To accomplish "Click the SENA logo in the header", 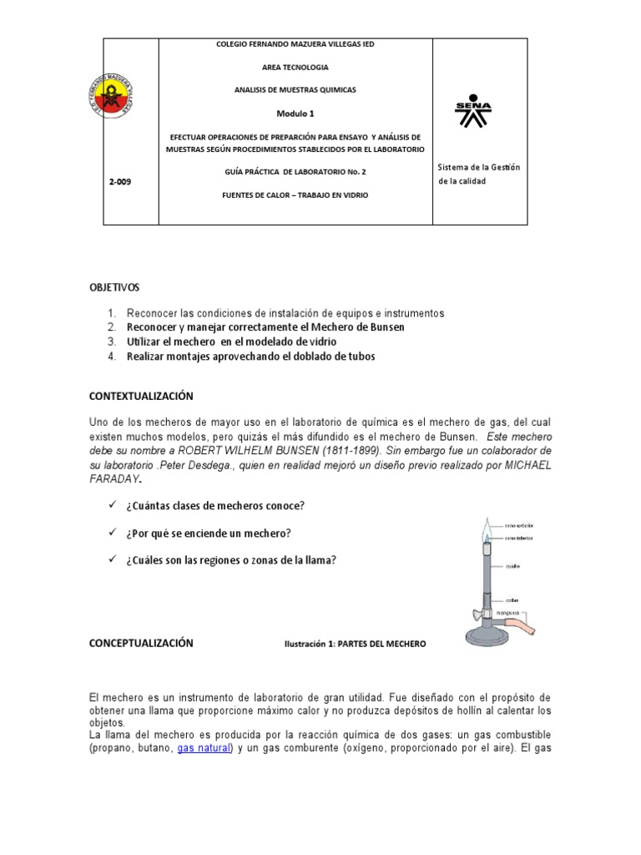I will point(473,114).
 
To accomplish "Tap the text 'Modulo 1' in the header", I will point(296,112).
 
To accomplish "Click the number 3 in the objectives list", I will point(113,341).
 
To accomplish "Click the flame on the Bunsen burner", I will point(487,530).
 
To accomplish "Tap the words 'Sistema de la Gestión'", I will point(479,168).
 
